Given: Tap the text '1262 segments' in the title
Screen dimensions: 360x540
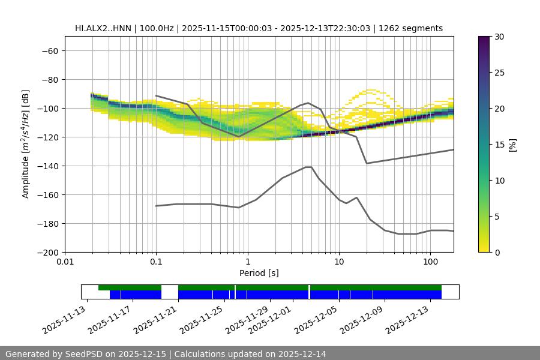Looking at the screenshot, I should (415, 28).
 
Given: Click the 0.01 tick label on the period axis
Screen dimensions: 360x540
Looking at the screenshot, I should (65, 262).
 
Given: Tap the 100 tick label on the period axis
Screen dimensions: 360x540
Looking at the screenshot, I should (430, 262).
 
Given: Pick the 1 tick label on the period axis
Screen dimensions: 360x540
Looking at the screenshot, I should (248, 262).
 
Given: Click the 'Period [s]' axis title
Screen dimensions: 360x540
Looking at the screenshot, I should (259, 274).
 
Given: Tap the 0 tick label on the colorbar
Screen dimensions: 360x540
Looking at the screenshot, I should (497, 253).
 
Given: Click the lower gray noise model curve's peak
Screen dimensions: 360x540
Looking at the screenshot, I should (308, 167).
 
